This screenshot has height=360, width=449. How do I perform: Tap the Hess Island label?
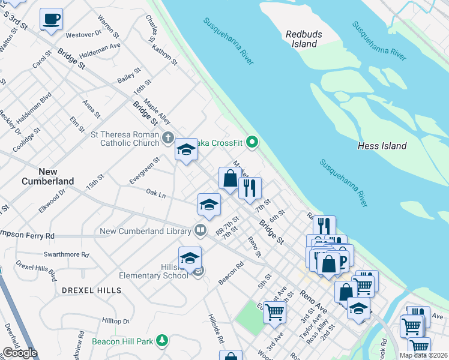[x=382, y=146]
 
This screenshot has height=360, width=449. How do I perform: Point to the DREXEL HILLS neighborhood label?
[x=91, y=290]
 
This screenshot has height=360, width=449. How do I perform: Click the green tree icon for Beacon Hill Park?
[x=161, y=341]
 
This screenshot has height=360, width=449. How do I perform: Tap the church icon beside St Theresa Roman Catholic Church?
[x=167, y=139]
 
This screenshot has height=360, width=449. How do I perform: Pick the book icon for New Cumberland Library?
[x=200, y=230]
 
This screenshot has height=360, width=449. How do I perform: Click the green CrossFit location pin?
[x=253, y=142]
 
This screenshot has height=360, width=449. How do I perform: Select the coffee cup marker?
[x=52, y=19]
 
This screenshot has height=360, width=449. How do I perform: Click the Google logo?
[x=20, y=353]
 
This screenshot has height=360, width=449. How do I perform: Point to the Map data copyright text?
[x=424, y=355]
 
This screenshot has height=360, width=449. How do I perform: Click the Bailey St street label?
[x=129, y=75]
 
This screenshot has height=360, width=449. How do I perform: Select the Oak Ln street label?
[x=155, y=193]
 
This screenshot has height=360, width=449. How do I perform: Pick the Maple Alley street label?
[x=158, y=112]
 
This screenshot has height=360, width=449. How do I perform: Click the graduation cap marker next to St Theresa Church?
[x=186, y=150]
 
